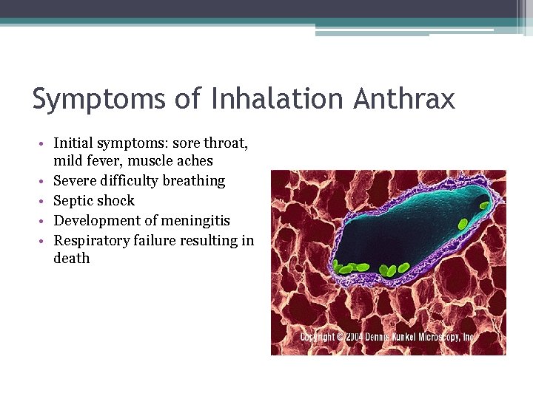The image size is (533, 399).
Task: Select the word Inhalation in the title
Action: click(x=260, y=98)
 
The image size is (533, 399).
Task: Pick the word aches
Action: click(x=196, y=160)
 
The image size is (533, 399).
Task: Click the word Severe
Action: click(x=75, y=180)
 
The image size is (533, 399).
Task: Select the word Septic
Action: click(x=73, y=200)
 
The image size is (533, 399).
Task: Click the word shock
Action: click(x=116, y=200)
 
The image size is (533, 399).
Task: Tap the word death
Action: click(x=72, y=258)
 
